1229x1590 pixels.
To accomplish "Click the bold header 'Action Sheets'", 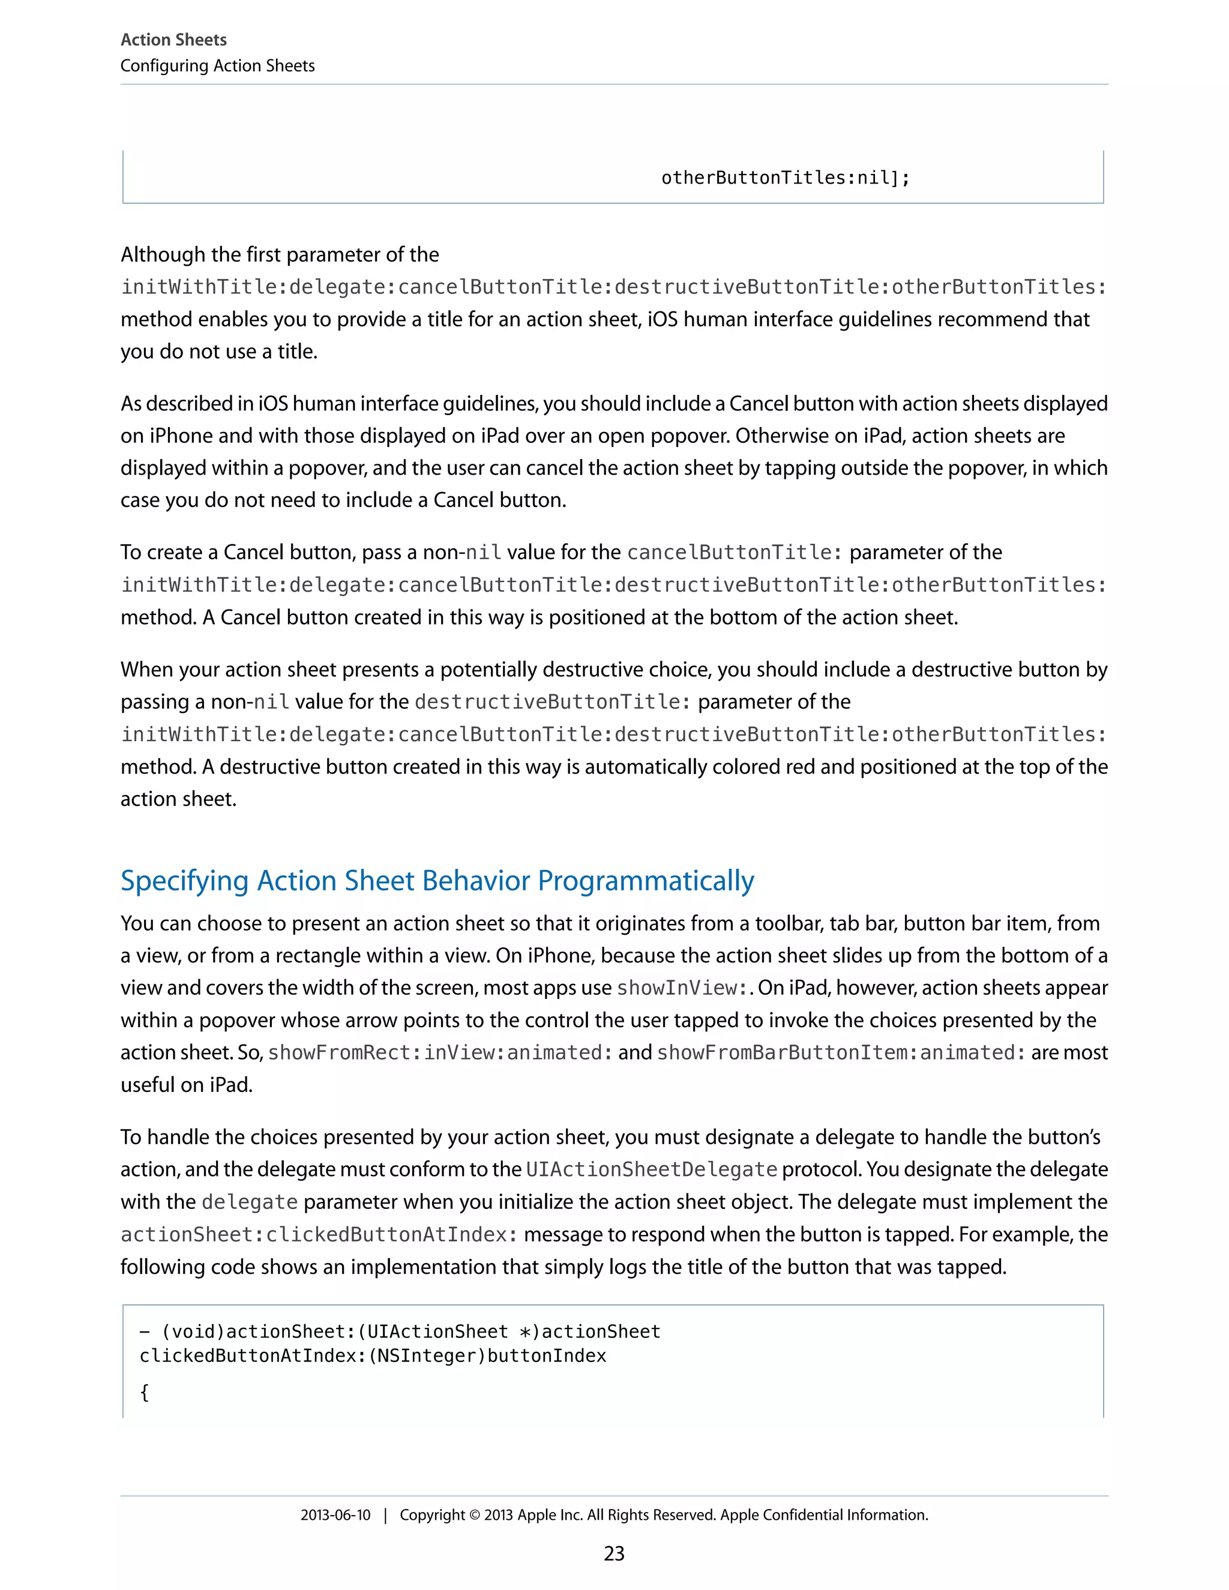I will [x=173, y=40].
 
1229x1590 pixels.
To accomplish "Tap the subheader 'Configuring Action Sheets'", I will [x=217, y=65].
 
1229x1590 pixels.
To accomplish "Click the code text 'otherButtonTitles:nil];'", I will [x=785, y=178].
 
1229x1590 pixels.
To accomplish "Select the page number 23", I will [x=614, y=1553].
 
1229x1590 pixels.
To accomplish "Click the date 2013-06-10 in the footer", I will [x=335, y=1515].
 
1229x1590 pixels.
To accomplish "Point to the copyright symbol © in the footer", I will [x=474, y=1515].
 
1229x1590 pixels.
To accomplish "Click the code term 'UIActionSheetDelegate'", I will [x=651, y=1169].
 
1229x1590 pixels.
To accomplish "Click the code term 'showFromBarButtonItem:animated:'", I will [x=841, y=1053].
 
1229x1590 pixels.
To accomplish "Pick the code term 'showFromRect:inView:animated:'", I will [x=440, y=1053].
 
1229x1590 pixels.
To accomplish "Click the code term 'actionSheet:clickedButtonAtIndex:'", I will [x=319, y=1234].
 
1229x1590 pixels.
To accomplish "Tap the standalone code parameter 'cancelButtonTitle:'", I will [x=734, y=553].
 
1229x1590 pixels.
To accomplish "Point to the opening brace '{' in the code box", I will [x=144, y=1392].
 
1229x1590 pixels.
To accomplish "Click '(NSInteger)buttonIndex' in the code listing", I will [x=488, y=1355].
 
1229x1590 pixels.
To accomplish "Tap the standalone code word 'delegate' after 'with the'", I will [x=249, y=1202].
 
